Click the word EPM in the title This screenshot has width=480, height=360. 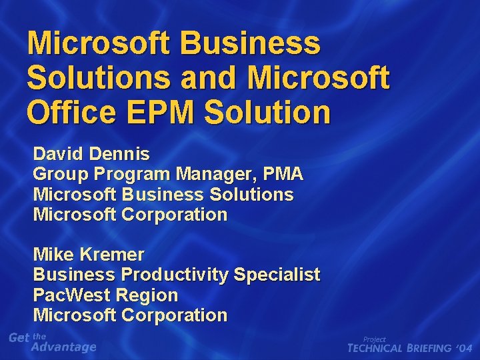(163, 113)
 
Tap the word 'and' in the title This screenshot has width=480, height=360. (208, 79)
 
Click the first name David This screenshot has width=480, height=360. (58, 154)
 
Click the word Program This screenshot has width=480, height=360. (133, 175)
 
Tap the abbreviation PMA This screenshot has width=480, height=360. (284, 175)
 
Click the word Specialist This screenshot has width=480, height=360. (277, 275)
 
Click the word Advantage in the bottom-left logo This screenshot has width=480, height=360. (64, 347)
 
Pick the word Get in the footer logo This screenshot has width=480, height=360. (19, 338)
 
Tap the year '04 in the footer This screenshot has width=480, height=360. (465, 348)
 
